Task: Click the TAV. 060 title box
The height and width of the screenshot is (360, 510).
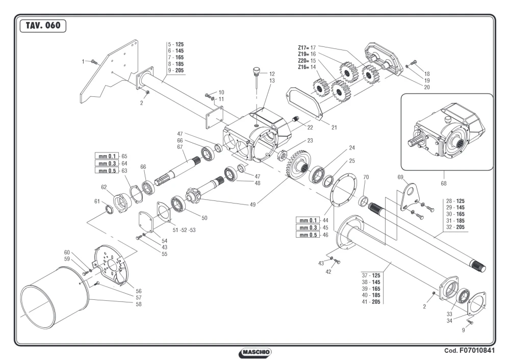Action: [43, 25]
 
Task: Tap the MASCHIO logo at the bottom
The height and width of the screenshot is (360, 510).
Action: [255, 352]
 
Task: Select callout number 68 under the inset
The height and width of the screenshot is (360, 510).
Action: [444, 184]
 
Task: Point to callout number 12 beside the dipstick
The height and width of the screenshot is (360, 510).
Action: [272, 74]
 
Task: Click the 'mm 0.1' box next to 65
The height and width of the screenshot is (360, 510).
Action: [107, 156]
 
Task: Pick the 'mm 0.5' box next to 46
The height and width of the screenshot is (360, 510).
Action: [308, 235]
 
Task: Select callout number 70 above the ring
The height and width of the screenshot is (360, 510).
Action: [366, 177]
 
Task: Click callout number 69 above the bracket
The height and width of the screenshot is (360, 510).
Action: [400, 177]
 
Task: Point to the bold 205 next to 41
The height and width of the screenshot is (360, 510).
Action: [376, 302]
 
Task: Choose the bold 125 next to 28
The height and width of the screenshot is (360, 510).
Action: [460, 201]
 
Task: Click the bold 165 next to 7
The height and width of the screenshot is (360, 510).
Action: [179, 57]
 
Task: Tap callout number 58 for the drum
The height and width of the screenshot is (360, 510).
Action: [139, 304]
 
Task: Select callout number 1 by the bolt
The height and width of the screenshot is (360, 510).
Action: [83, 62]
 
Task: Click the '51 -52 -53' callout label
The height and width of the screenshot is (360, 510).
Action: [184, 230]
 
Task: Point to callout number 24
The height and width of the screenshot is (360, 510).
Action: [352, 148]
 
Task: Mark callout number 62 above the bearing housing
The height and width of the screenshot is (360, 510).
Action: [104, 187]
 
